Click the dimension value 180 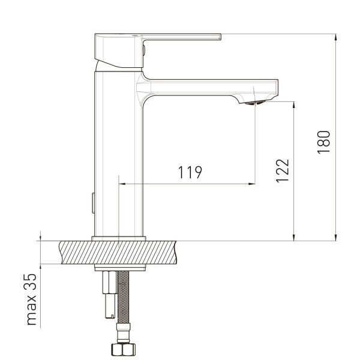tap(324, 142)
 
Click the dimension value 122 tap(282, 171)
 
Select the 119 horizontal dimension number tap(190, 172)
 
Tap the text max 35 tap(31, 299)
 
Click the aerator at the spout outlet tap(254, 103)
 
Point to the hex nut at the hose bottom tap(124, 349)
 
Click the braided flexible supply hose tap(123, 297)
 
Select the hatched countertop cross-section tap(118, 253)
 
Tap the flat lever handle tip tap(220, 37)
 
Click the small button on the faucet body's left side tap(93, 203)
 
